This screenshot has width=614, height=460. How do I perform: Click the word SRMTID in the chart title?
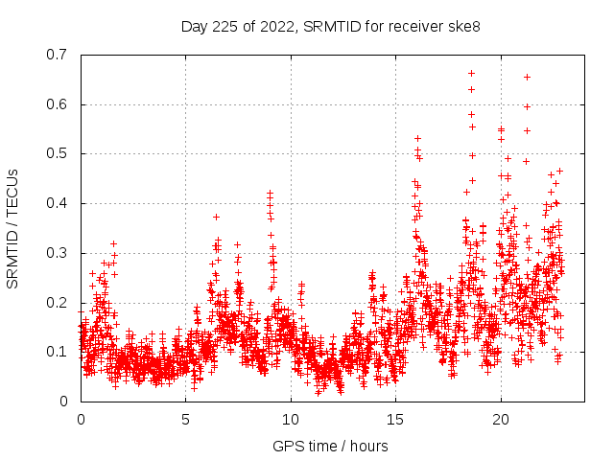point(329,26)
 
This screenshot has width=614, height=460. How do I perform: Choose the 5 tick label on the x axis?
point(185,419)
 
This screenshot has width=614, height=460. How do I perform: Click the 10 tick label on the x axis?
point(291,419)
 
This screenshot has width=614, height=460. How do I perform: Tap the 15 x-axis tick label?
point(395,419)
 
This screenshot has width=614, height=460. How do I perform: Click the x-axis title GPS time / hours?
point(330,446)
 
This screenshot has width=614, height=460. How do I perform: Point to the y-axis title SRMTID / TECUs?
point(13,228)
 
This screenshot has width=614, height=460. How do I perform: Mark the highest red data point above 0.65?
point(471,73)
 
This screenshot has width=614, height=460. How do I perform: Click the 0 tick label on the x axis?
point(81,419)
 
